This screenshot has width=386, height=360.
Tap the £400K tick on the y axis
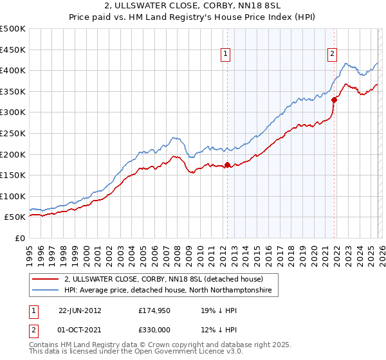[x=13, y=70]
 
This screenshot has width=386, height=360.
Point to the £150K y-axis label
[x=13, y=175]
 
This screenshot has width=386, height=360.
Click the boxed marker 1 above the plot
[x=226, y=55]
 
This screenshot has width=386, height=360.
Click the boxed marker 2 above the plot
[x=333, y=55]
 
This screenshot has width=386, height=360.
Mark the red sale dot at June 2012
[x=227, y=165]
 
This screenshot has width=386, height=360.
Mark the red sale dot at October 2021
[x=334, y=100]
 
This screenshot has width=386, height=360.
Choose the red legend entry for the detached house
[x=163, y=280]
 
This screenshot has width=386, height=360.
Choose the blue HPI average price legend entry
[x=168, y=291]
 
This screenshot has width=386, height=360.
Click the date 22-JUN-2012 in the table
[x=80, y=310]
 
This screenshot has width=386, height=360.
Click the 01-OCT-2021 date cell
[x=80, y=330]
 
